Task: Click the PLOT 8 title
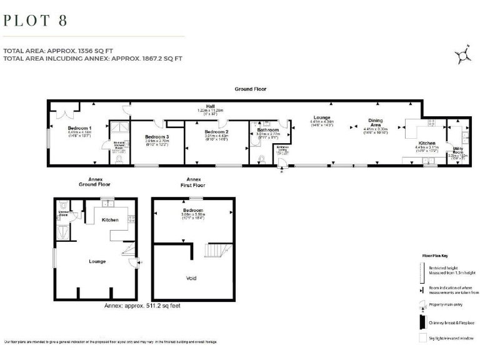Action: tap(36, 20)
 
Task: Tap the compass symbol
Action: tap(463, 55)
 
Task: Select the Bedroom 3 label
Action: tap(157, 137)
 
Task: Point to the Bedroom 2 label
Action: tap(216, 132)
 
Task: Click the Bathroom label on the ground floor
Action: tap(267, 129)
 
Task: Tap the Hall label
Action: tap(202, 106)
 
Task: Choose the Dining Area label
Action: tap(376, 123)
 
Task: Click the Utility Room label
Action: tap(458, 151)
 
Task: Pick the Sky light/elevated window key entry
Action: tap(450, 338)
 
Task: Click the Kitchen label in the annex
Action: tap(110, 220)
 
